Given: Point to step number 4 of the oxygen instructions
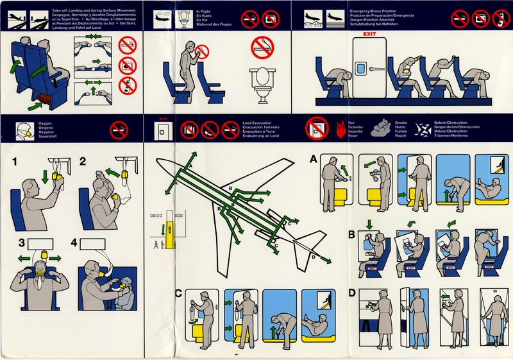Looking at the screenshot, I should (74, 243).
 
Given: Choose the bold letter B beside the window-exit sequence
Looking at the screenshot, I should (352, 234).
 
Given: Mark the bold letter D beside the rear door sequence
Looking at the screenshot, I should (352, 294).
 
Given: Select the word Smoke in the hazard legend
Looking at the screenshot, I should (401, 122).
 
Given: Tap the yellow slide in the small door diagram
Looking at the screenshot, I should (171, 229).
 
